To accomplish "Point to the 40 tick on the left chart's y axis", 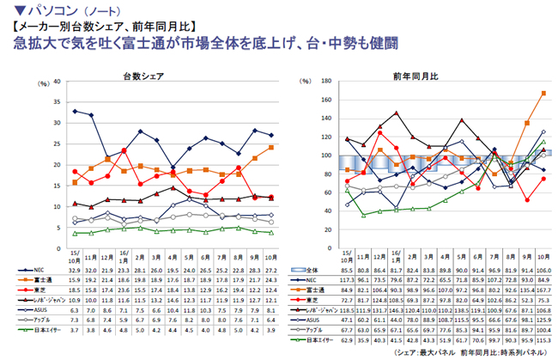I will (x=58, y=82).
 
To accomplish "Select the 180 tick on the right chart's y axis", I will (x=327, y=82).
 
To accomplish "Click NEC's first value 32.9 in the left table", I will (x=76, y=269).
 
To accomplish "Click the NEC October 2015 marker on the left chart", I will (x=76, y=111).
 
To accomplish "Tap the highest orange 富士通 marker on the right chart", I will (x=544, y=93).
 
